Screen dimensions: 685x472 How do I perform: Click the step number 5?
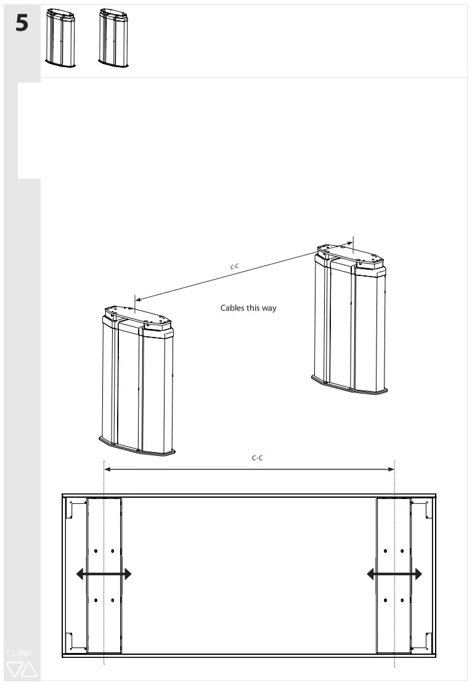pos(22,24)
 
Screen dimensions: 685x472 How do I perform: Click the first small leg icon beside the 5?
pos(60,38)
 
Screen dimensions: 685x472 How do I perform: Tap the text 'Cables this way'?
pos(248,307)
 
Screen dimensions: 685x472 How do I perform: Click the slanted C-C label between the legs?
pos(235,267)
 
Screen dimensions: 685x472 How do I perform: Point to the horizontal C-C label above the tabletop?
pos(258,458)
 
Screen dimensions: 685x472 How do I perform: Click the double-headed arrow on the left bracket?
pos(104,574)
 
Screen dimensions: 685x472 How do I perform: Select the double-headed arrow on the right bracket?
pos(394,574)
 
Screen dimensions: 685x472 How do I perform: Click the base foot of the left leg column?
pos(137,446)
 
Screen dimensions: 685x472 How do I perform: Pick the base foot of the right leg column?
pos(350,386)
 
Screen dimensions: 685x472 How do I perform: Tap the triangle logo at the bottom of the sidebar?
pos(22,670)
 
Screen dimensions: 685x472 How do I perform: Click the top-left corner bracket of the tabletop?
pos(77,509)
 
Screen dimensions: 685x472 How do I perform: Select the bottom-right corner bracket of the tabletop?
pos(421,641)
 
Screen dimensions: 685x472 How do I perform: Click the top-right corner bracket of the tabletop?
pos(421,509)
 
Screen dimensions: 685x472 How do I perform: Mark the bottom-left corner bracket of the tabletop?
pos(77,641)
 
